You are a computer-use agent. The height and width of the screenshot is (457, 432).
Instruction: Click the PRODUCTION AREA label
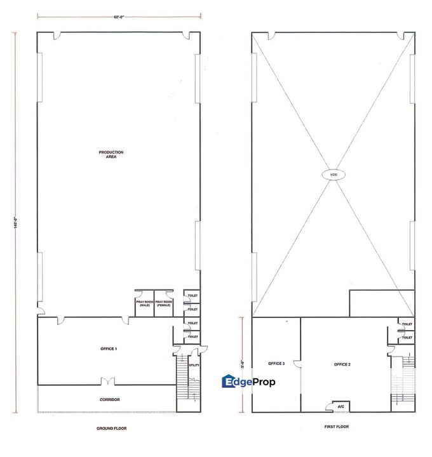[111, 154]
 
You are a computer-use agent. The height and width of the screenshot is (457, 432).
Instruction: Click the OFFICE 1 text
[109, 349]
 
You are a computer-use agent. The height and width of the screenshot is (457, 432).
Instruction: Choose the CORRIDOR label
[111, 399]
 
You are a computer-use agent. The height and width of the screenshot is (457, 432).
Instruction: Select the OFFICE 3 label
[276, 364]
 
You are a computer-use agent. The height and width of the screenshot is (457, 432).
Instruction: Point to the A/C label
[341, 406]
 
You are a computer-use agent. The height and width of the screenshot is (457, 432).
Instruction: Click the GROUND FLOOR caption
[112, 428]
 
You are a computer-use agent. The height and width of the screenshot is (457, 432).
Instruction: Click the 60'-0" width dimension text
[119, 17]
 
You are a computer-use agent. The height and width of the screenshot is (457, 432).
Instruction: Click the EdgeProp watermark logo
[247, 381]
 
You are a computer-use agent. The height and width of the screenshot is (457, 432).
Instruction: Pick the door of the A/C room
[331, 404]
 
